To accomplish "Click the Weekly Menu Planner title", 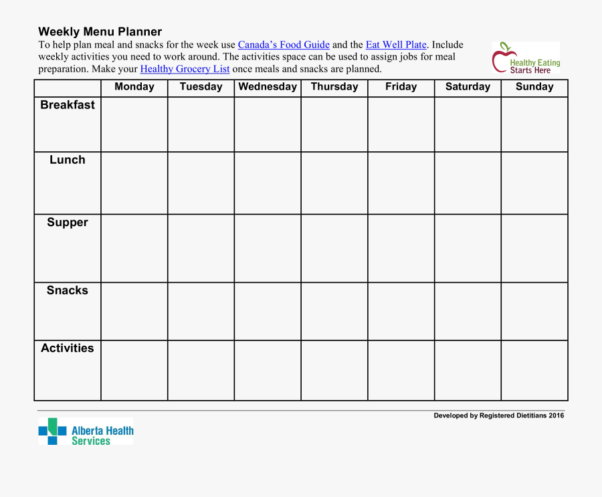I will tap(100, 31).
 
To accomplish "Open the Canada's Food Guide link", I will tap(284, 45).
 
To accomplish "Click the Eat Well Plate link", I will tap(396, 45).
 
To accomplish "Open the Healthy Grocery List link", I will tap(185, 69).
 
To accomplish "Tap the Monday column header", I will tap(134, 87).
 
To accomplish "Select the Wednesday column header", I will tap(268, 87).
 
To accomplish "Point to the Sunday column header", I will tap(534, 87).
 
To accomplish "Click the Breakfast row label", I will tap(68, 105).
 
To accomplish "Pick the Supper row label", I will tap(68, 223).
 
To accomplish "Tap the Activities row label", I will tap(68, 349).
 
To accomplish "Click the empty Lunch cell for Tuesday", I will tap(201, 183).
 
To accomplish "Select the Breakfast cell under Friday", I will tap(401, 124).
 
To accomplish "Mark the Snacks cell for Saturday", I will tap(468, 311).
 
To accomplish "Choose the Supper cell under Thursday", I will tap(334, 248).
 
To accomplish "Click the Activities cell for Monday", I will tap(134, 371).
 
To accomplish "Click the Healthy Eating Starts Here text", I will tap(534, 66).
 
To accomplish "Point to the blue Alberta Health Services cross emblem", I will tap(52, 431).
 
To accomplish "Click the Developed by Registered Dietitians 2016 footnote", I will tap(498, 415).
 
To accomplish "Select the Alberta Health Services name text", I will tap(102, 436).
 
